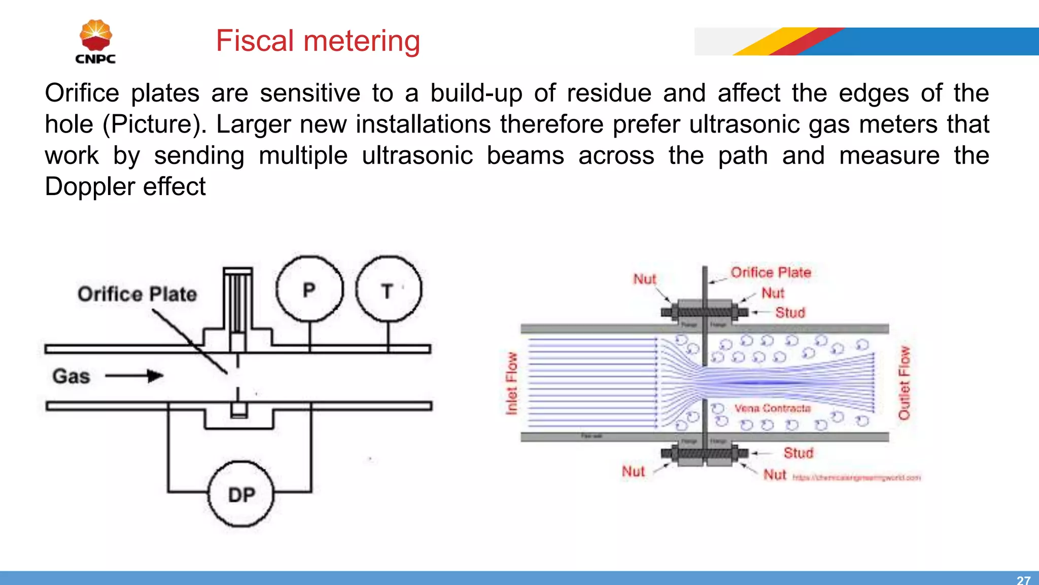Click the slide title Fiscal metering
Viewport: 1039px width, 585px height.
point(318,41)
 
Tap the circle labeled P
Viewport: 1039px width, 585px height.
point(309,289)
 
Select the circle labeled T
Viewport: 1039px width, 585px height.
point(389,289)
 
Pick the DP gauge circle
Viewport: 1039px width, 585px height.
point(241,494)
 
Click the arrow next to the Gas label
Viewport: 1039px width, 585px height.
point(134,376)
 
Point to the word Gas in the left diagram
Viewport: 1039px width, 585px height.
point(71,376)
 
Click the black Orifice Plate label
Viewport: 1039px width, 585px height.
point(137,294)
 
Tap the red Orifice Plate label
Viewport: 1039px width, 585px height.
point(771,272)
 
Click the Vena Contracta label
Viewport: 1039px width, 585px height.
point(772,408)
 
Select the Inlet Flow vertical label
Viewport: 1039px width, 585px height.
point(511,383)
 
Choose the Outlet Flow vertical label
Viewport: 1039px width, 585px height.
point(904,383)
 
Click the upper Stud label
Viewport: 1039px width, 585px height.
point(790,312)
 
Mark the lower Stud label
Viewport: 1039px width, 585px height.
point(798,452)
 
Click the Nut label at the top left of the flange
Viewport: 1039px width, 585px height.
point(644,279)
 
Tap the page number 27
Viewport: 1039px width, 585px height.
point(1023,579)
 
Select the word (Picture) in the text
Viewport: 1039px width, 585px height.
point(154,124)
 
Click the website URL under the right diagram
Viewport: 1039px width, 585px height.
point(856,478)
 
